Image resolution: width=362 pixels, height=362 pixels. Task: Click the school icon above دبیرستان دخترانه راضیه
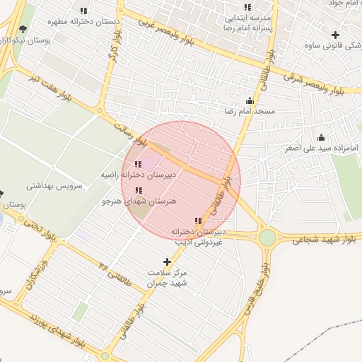138,164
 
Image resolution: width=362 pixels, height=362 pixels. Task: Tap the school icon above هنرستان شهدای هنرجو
138,190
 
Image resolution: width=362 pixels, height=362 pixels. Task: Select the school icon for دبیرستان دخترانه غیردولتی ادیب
197,221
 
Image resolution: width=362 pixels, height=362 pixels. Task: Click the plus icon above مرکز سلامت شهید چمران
167,262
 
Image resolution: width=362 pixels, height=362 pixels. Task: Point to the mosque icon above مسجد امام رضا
249,101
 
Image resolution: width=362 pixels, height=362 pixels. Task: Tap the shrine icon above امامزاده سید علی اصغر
321,138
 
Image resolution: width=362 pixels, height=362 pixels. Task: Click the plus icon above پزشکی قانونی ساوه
335,35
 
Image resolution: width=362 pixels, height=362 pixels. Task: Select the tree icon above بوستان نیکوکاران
23,29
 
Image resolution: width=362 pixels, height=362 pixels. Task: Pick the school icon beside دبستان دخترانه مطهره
83,11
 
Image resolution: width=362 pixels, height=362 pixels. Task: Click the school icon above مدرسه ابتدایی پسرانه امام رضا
247,8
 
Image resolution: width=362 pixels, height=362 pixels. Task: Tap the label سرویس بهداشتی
55,187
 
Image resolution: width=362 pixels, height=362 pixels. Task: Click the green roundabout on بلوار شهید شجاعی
267,238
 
